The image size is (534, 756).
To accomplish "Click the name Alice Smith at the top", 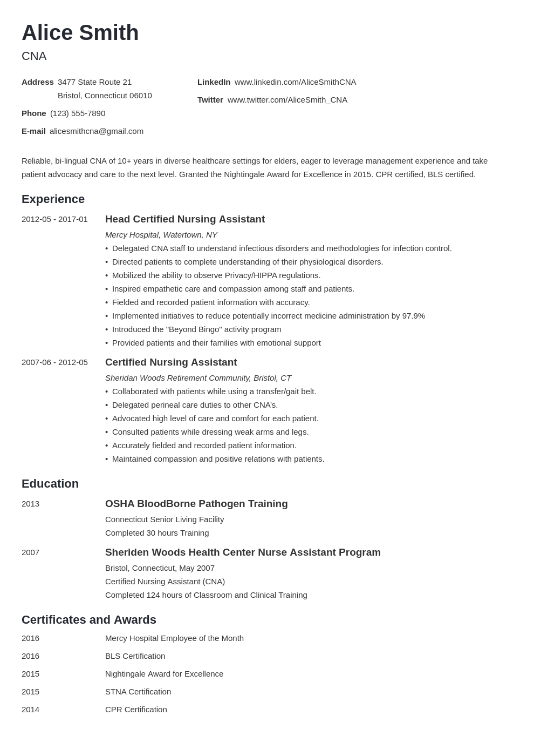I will tap(80, 33).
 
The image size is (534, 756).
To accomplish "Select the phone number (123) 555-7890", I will tap(78, 113).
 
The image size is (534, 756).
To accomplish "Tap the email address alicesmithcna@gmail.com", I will tap(97, 131).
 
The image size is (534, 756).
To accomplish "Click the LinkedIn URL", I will tap(295, 82).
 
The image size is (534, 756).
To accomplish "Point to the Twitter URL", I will tap(287, 100).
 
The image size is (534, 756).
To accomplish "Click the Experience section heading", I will tap(53, 199).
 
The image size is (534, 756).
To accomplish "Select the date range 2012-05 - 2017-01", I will tap(54, 219).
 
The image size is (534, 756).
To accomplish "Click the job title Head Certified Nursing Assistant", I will tap(184, 219).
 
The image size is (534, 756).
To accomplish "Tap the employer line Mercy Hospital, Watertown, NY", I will tap(161, 235).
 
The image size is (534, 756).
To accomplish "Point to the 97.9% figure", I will tap(413, 316).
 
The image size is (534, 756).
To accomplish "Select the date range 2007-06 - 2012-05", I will tap(54, 362).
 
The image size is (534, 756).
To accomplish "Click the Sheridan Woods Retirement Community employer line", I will tap(198, 378).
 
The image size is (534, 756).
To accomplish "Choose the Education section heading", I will tap(50, 484).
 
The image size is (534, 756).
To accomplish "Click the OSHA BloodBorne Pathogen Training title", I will tap(196, 504).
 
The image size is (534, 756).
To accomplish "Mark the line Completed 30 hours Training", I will tap(157, 533).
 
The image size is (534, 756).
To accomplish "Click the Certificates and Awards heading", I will tap(89, 620).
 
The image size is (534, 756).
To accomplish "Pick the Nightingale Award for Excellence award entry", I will tap(164, 674).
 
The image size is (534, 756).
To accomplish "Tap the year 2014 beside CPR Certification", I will tap(30, 710).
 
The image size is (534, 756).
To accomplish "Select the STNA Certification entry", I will tap(138, 692).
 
